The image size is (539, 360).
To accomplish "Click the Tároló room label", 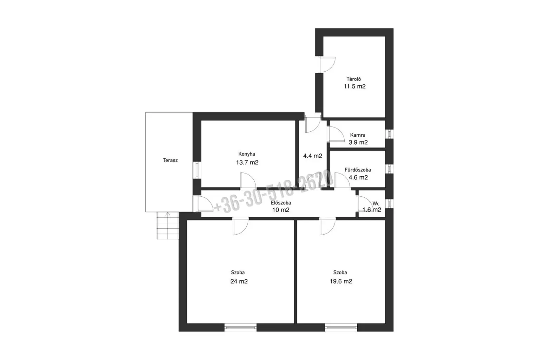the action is tap(354, 79).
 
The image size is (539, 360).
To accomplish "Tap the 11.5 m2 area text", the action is tap(355, 86).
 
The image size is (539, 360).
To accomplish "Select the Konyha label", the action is tap(247, 154).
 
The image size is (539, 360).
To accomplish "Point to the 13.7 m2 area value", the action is tap(247, 163).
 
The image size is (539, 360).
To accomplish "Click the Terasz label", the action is tap(170, 160).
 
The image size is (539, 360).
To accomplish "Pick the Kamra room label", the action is tap(358, 135).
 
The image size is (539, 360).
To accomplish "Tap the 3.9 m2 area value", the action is tap(358, 142).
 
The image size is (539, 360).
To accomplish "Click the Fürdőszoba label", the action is tap(358, 170).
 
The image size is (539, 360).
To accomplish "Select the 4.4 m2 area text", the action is tap(313, 156).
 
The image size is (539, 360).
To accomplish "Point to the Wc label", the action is tap(376, 204).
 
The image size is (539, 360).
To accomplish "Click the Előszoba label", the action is tap(281, 203).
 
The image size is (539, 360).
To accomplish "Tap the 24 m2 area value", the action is tap(239, 281).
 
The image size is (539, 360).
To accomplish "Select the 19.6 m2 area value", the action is tap(341, 281).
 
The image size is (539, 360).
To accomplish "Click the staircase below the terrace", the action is tap(168, 225).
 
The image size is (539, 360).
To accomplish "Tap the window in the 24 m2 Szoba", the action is tap(240, 327).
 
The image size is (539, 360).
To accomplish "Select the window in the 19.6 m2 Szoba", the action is tap(341, 327).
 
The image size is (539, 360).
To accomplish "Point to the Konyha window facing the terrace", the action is tap(197, 170).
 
